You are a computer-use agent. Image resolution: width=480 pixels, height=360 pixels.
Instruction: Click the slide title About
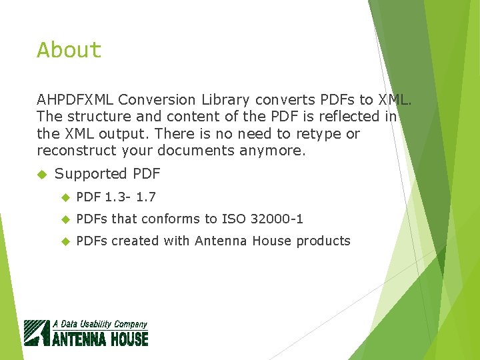69,50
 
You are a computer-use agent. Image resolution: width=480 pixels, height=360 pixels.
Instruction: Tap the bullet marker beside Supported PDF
42,174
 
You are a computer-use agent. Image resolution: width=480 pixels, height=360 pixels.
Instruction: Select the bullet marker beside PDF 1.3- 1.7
65,197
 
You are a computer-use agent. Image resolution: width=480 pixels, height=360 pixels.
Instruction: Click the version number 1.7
147,197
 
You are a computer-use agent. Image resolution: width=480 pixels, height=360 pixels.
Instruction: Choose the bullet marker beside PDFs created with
65,241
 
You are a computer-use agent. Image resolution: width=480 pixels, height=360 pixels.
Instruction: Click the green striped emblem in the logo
37,333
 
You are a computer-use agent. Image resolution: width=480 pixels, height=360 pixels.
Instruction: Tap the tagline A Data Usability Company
100,324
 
